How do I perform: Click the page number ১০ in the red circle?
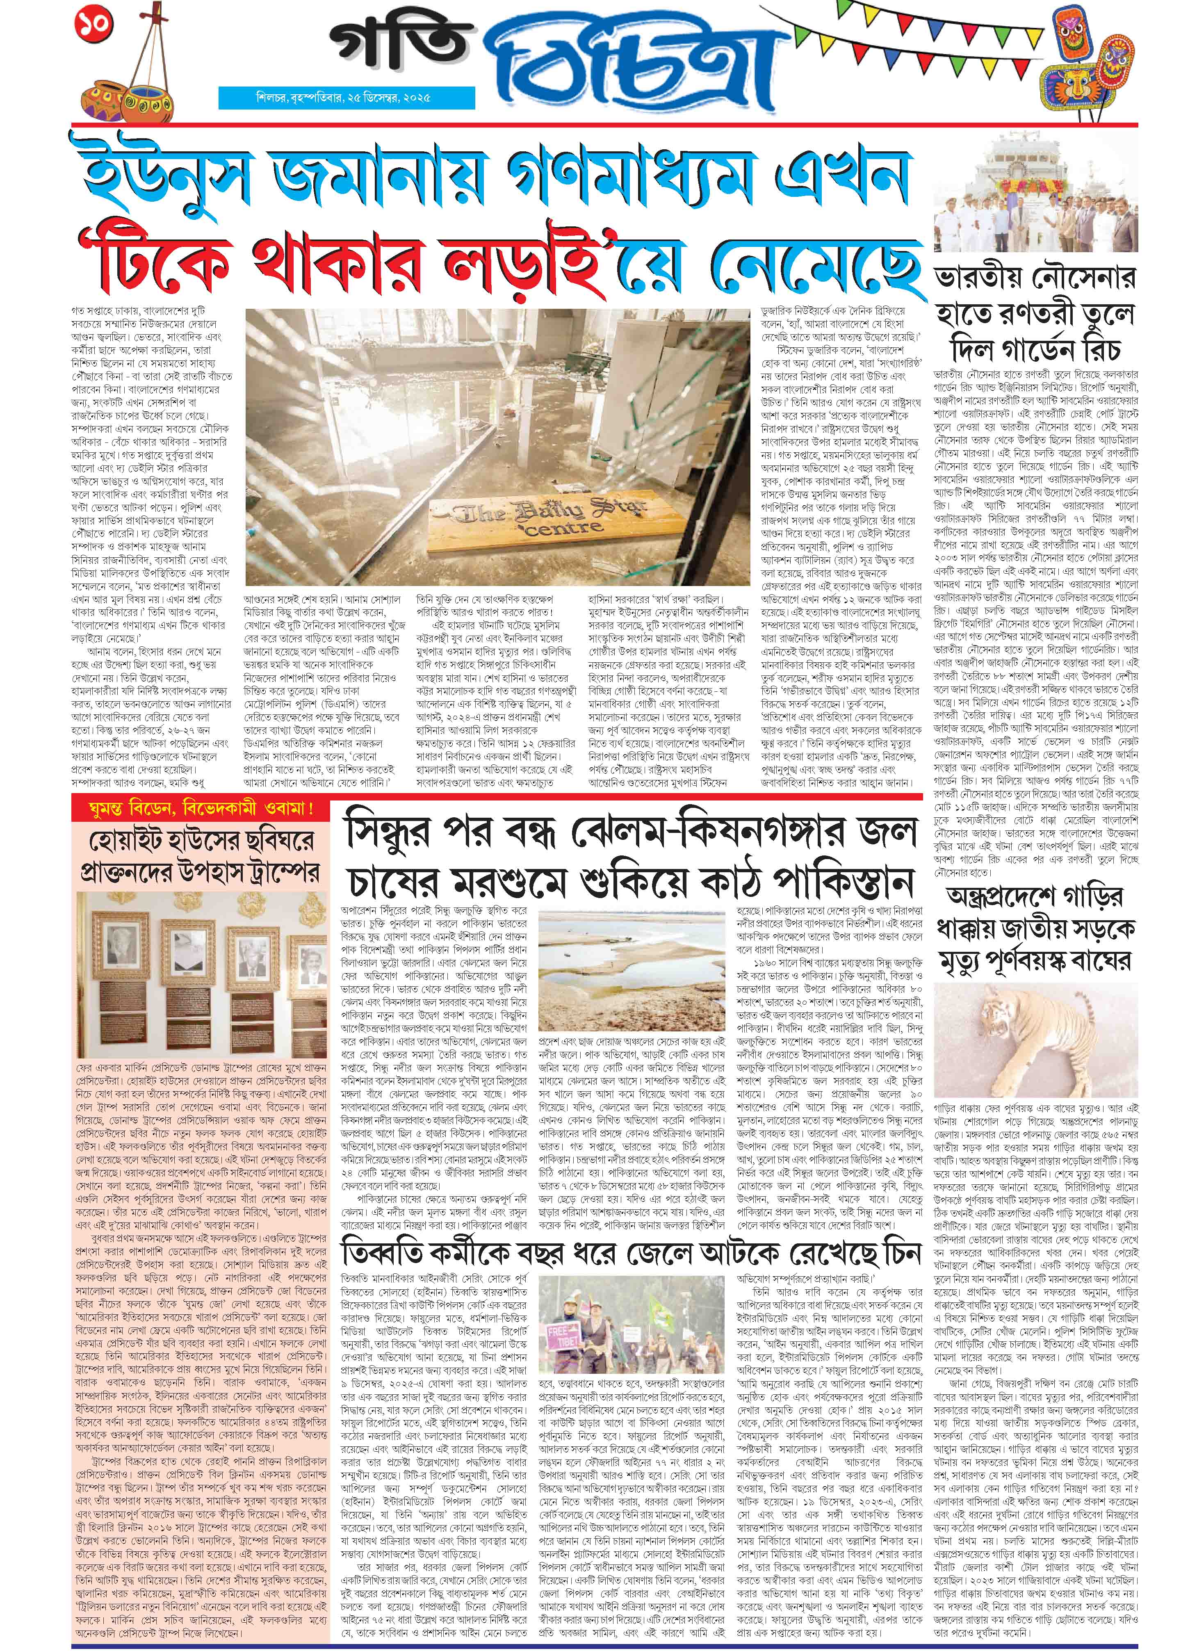(95, 24)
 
